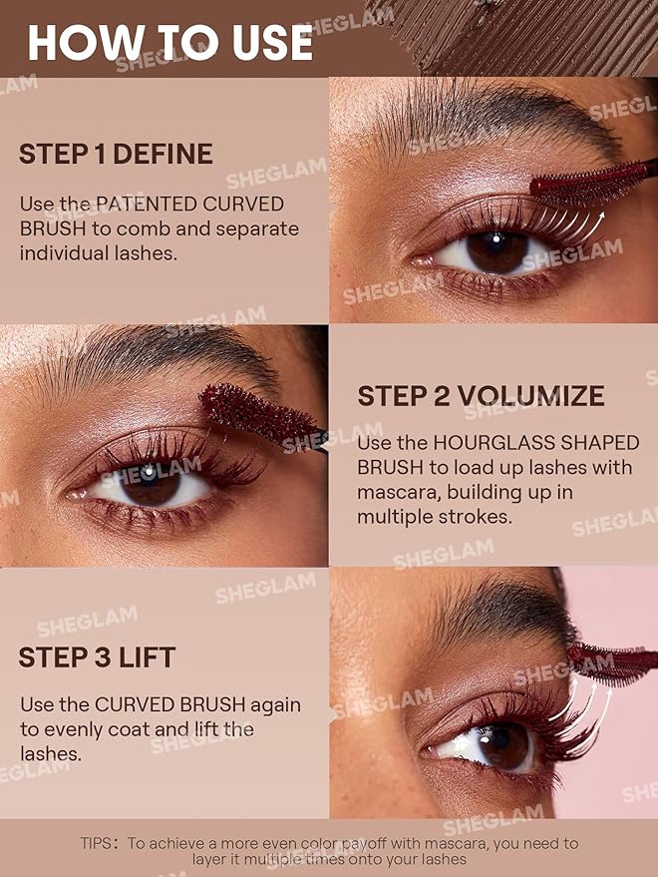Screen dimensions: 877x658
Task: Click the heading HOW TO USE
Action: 169,42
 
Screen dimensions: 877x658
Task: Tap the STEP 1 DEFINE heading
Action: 116,154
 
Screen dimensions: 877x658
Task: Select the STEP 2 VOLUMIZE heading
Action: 481,396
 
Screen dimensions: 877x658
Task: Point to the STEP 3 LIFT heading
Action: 97,658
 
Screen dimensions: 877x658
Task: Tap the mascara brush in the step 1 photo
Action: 588,182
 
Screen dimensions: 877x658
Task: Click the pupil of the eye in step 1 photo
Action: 495,249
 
